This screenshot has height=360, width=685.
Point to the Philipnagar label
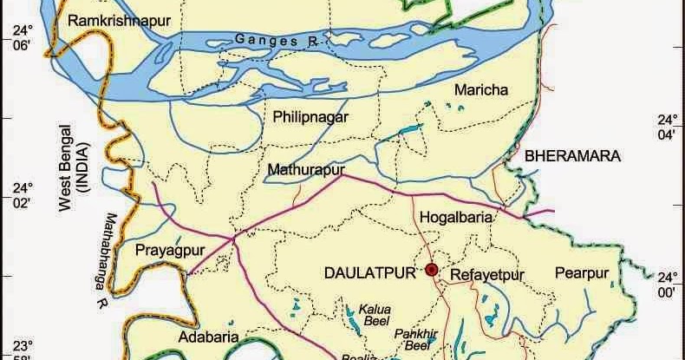click(x=310, y=116)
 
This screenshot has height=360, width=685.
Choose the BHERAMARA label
click(x=571, y=156)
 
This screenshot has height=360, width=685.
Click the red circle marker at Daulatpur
click(x=432, y=271)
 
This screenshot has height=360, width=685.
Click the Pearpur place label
click(x=583, y=272)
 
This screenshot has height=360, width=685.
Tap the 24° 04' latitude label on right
click(x=666, y=128)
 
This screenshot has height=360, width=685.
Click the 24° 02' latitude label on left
click(x=20, y=195)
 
